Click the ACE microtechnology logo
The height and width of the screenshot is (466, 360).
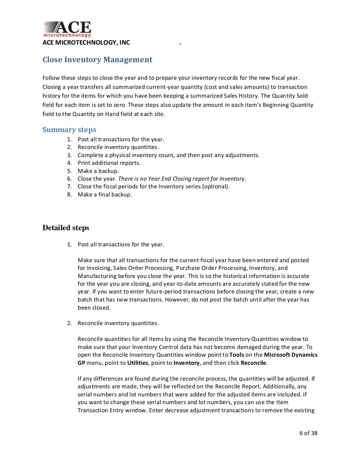pos(67,29)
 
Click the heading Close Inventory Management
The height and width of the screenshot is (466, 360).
pos(97,60)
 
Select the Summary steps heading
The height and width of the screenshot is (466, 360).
pos(69,130)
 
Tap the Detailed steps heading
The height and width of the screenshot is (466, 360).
pos(66,228)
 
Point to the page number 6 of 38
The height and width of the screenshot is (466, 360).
pos(308,433)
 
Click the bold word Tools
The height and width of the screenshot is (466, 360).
pos(237,355)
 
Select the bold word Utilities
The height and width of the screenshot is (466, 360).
pos(137,363)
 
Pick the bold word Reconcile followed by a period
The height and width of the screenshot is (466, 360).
pos(253,363)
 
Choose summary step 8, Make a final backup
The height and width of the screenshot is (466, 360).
pos(104,194)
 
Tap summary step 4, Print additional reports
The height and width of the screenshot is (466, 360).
pos(109,163)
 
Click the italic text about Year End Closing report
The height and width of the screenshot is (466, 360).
pos(181,179)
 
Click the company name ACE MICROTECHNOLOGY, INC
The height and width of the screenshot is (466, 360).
pos(86,43)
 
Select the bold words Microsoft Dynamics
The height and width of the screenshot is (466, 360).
pos(290,355)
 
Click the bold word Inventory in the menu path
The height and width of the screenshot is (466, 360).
pos(186,363)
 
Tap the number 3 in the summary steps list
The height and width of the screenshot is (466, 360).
pos(69,155)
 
